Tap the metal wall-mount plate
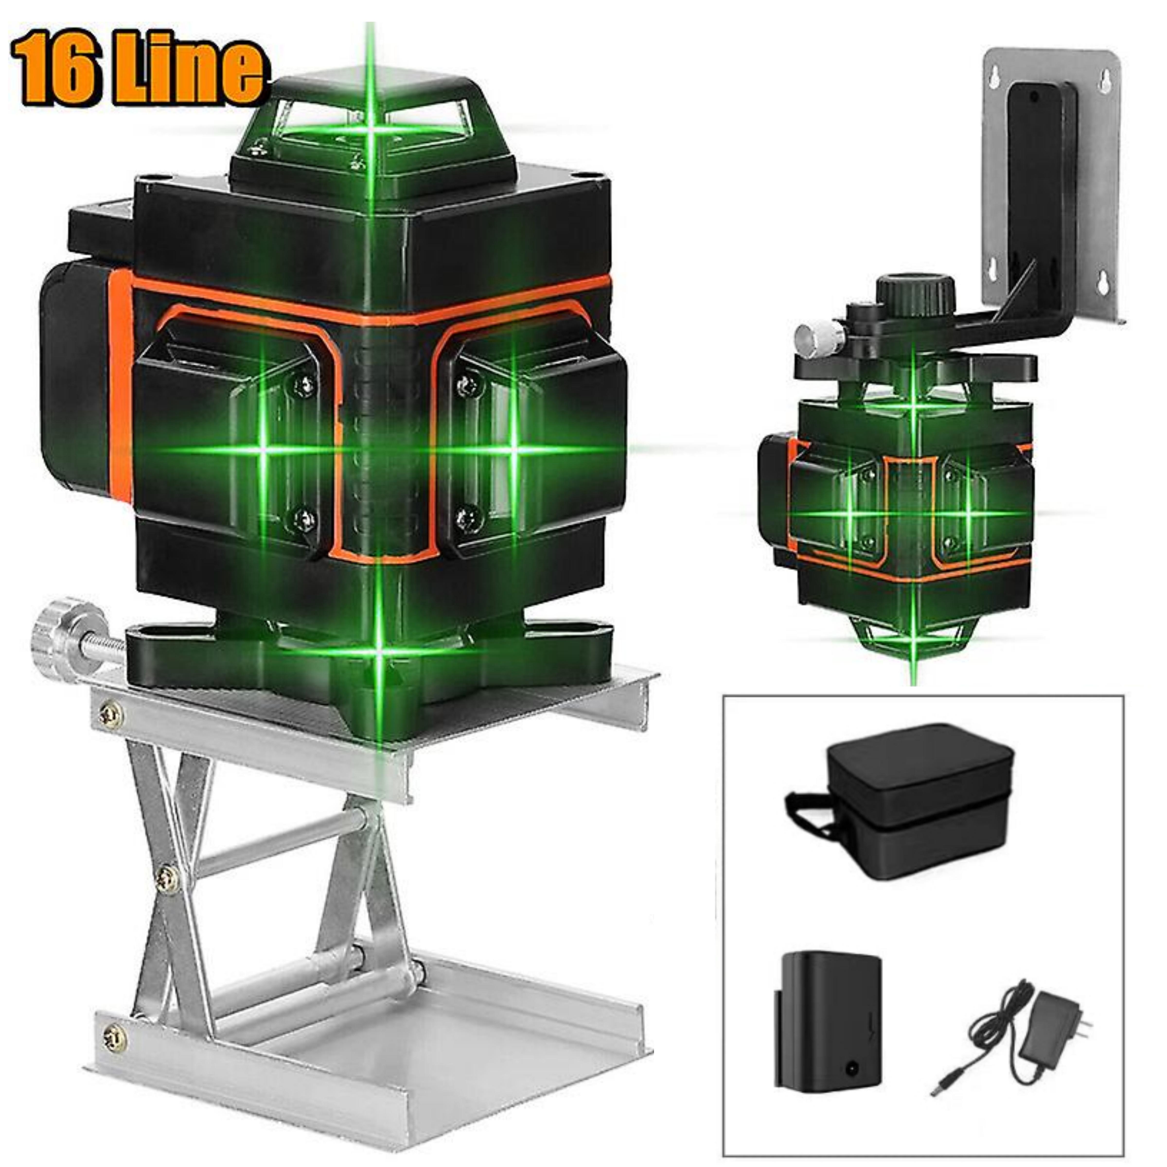pos(1051,181)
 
